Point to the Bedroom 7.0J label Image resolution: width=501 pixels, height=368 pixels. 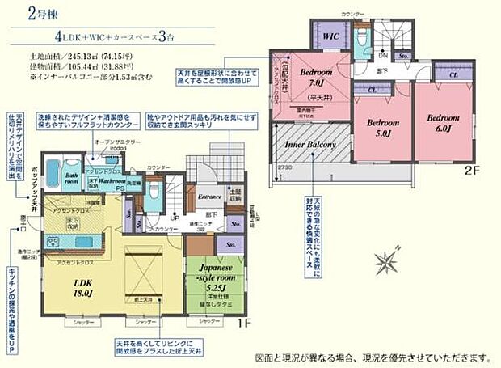pos(311,78)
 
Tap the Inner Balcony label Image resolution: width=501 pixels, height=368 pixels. pos(315,146)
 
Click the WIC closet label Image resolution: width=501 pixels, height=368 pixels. pos(330,36)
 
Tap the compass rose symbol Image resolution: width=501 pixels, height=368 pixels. pos(387,260)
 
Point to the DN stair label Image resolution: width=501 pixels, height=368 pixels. pos(383,56)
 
